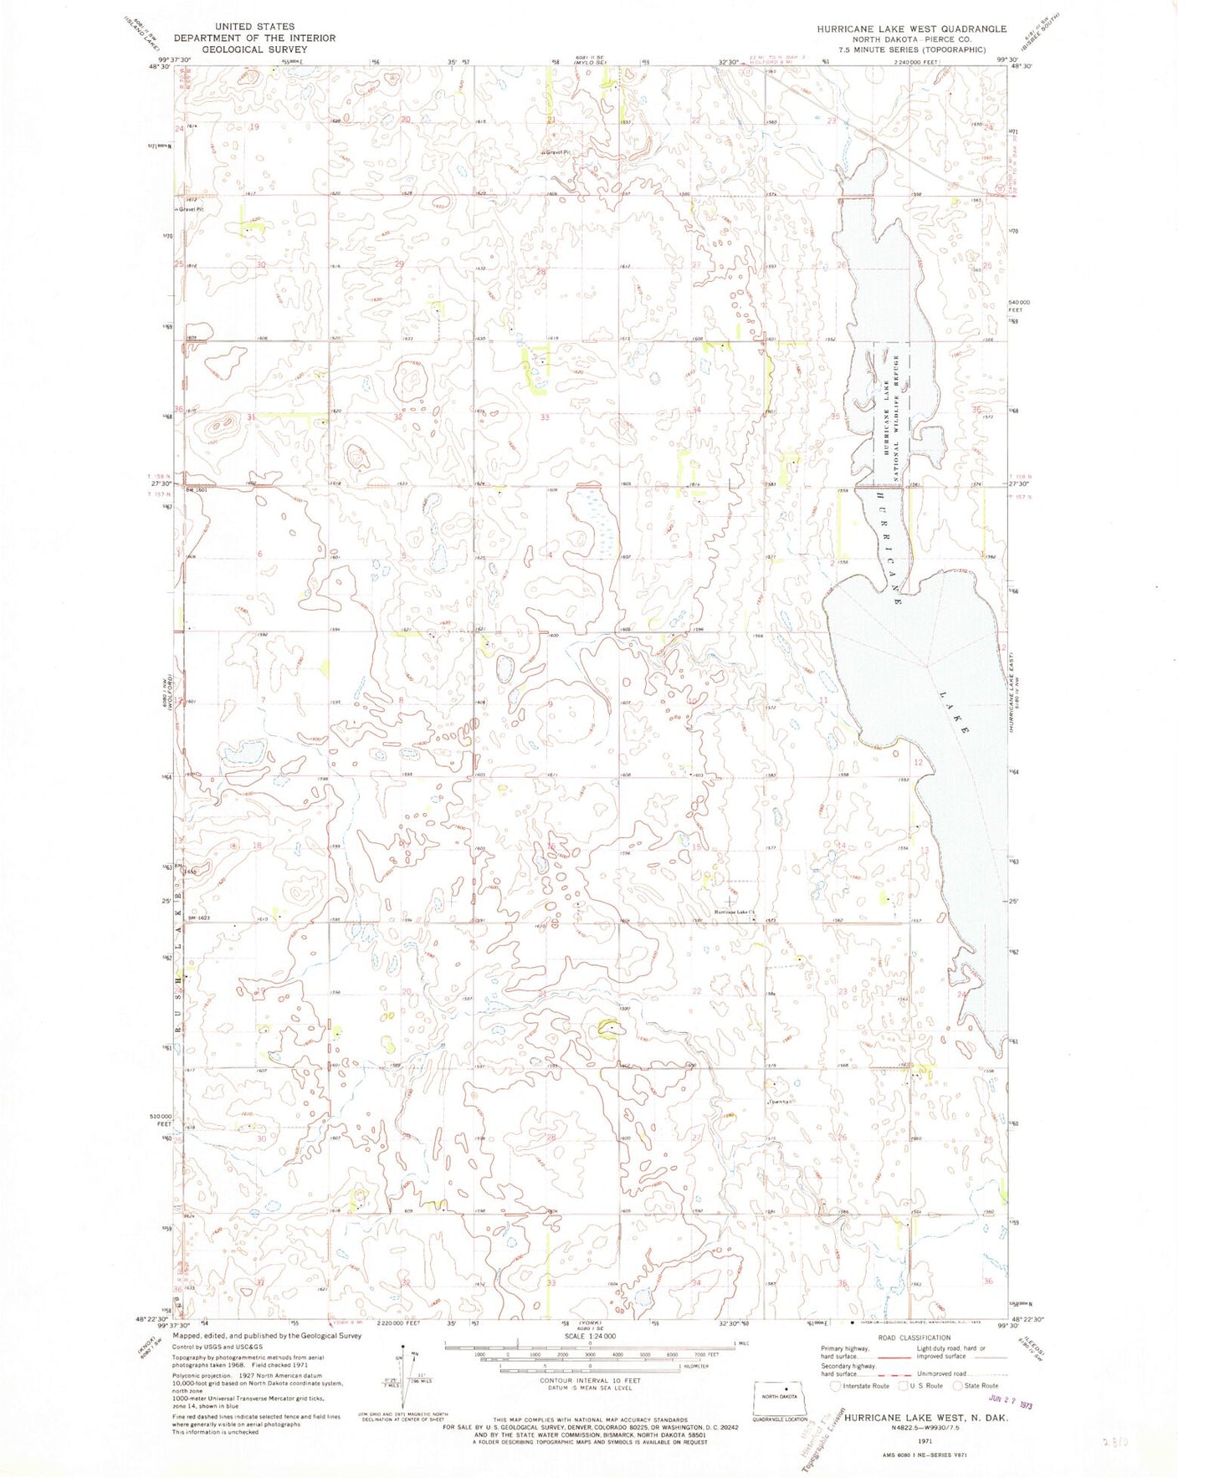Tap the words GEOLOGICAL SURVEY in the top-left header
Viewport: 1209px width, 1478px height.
tap(255, 49)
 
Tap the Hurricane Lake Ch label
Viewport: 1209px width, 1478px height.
tap(734, 913)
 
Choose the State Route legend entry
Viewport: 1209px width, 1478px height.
tap(976, 1386)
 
